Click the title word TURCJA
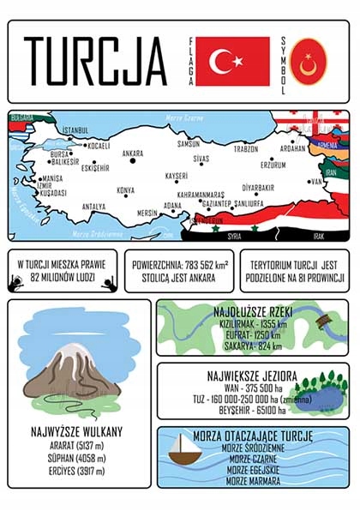point(94,61)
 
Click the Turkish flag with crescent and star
point(232,61)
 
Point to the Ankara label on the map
point(133,154)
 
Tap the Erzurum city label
point(273,165)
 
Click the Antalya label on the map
point(93,207)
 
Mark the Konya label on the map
point(125,190)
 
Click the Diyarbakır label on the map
point(258,187)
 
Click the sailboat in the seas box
point(183,450)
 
